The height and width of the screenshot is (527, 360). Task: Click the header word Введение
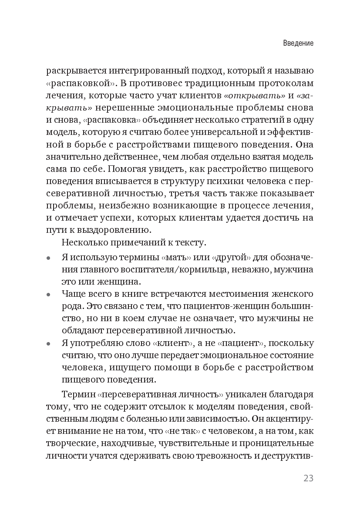pos(298,44)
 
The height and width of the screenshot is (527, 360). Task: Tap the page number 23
pos(308,478)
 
